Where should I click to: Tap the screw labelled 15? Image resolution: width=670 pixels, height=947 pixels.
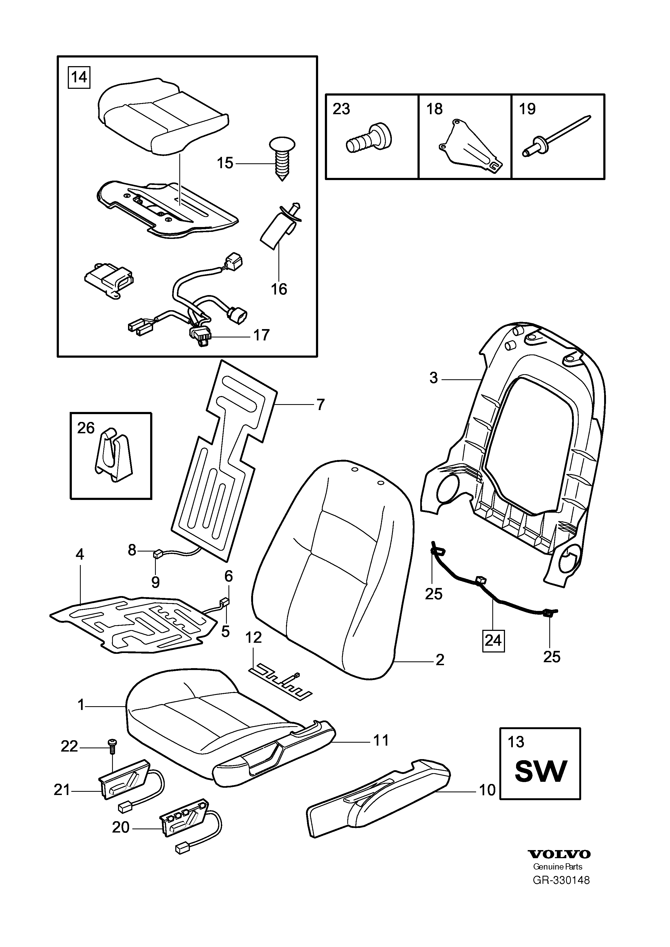coord(282,158)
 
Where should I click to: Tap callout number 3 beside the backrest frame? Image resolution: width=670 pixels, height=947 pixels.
coord(433,378)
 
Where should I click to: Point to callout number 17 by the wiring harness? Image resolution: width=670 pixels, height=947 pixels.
coord(261,335)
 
